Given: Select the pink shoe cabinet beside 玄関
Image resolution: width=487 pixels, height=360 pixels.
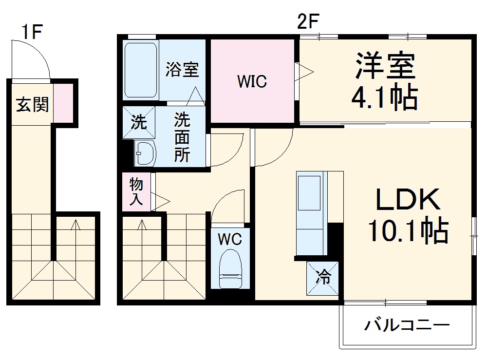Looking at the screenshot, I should tap(63, 103).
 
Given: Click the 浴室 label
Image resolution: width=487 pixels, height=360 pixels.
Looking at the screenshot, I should tap(182, 69).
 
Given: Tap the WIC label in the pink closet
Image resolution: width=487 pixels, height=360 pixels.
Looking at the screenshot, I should tap(252, 81).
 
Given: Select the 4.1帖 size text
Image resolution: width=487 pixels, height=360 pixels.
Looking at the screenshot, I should tap(385, 98).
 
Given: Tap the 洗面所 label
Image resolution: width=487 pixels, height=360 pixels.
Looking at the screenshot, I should tap(182, 137).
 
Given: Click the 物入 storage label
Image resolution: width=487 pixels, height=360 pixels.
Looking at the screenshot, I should tap(136, 192).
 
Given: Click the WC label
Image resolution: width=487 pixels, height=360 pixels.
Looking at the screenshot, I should tap(229, 239).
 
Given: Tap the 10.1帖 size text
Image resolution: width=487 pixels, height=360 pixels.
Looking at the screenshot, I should tap(408, 231).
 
